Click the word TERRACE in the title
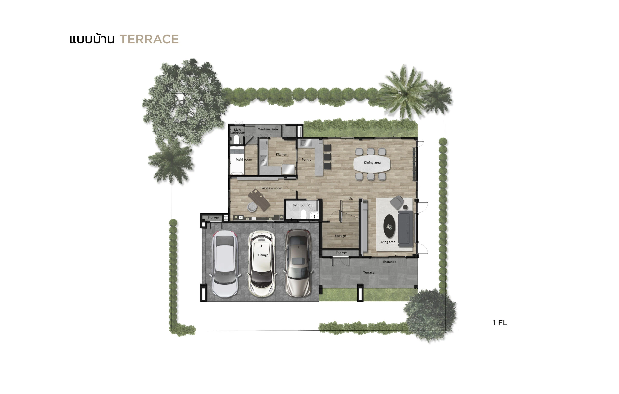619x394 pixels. pyautogui.click(x=149, y=39)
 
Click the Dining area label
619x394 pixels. pyautogui.click(x=372, y=163)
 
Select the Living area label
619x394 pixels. pyautogui.click(x=387, y=242)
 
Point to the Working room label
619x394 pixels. pyautogui.click(x=272, y=188)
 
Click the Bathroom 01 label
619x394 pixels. pyautogui.click(x=302, y=205)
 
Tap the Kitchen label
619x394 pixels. pyautogui.click(x=281, y=155)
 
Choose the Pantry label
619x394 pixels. pyautogui.click(x=306, y=160)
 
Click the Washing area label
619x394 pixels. pyautogui.click(x=268, y=129)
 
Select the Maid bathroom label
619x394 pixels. pyautogui.click(x=237, y=131)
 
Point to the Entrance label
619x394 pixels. pyautogui.click(x=390, y=262)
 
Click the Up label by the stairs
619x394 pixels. pyautogui.click(x=351, y=199)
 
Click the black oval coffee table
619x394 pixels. pyautogui.click(x=389, y=226)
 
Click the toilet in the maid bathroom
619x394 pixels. pyautogui.click(x=236, y=140)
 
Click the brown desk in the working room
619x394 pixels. pyautogui.click(x=259, y=200)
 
